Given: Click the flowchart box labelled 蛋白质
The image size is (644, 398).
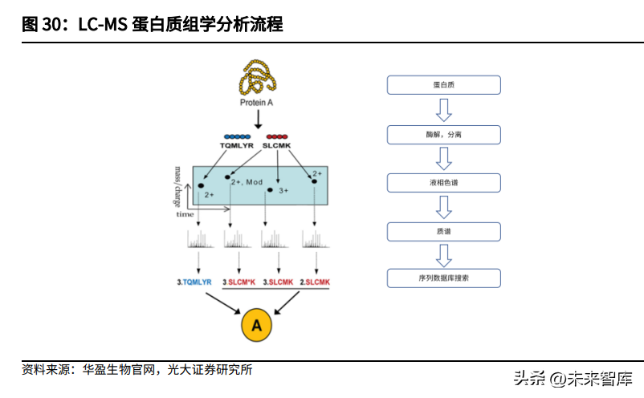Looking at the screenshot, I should point(444,85).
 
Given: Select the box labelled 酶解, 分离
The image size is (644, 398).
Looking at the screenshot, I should point(444,134).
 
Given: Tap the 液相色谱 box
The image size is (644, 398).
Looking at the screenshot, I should point(444,183).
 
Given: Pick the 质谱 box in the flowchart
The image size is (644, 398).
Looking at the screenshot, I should point(444,231).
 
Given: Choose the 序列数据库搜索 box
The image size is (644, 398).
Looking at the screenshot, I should point(444,279).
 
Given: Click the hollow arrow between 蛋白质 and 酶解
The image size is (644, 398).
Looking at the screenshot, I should point(444,109).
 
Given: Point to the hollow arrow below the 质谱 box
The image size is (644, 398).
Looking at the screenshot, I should point(444,255).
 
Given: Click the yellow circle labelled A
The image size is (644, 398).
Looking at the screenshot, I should point(256,325).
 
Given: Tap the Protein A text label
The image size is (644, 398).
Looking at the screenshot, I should point(257,103).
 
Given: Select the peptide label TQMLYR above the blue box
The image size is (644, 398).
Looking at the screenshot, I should point(237,146).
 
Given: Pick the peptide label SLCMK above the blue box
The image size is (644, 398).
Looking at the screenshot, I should point(277,146).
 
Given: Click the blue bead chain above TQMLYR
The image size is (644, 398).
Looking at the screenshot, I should point(237,137).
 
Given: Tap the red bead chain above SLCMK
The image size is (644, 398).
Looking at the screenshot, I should point(277,137).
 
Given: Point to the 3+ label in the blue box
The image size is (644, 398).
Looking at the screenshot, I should point(283,191).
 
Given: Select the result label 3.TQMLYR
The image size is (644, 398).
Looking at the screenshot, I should point(194,282).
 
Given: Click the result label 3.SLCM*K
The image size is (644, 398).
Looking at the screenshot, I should point(239,282).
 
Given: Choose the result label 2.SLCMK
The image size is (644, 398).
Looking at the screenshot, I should point(315,282).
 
